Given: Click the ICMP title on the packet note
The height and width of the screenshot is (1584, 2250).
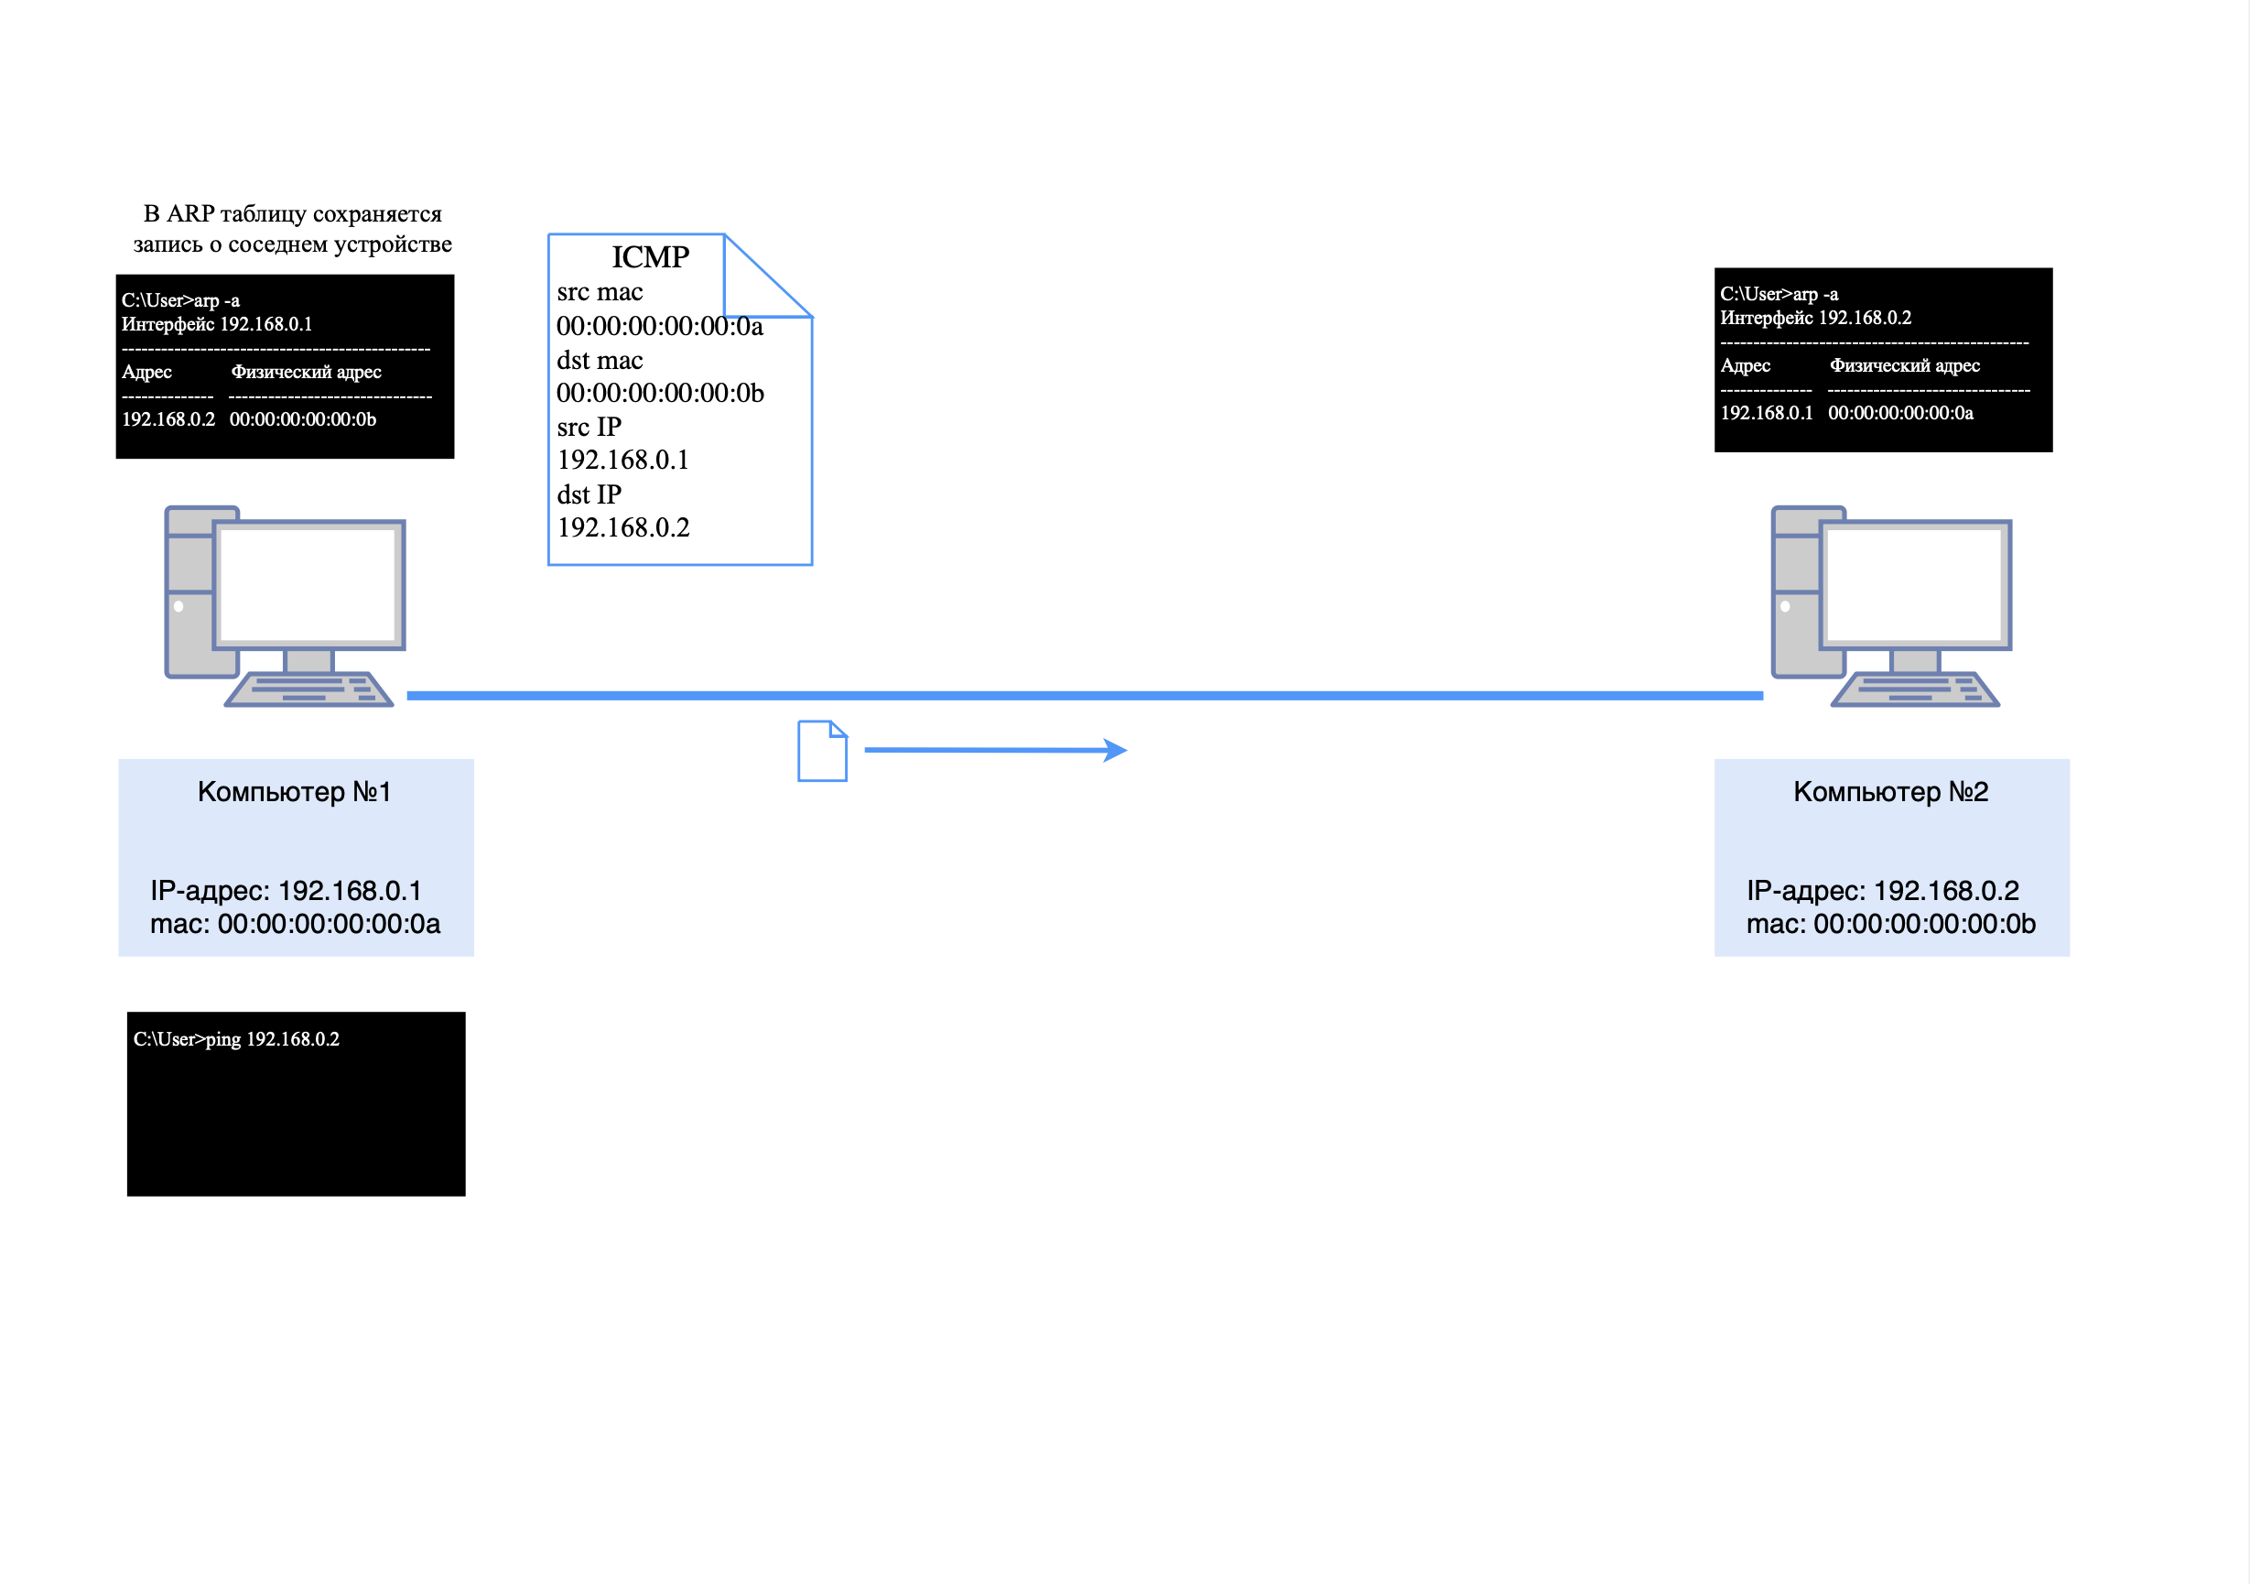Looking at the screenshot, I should (650, 256).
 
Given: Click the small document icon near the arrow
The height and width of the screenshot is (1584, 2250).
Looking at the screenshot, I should (821, 752).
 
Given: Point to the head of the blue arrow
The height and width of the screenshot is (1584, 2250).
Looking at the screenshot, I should (1117, 751).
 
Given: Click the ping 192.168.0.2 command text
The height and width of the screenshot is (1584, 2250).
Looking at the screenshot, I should (236, 1039).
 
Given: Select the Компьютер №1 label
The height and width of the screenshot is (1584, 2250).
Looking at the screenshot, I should (294, 792).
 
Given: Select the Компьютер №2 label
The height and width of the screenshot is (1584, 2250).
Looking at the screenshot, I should (1890, 792).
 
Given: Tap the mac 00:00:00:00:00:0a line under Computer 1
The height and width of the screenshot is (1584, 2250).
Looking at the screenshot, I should (295, 923).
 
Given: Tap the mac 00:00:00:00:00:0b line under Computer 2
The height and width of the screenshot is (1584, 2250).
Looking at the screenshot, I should (1890, 923).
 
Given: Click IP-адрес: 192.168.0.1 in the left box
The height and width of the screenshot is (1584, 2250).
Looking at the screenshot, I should (286, 890).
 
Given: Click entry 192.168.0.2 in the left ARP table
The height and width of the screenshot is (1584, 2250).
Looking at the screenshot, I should (168, 419).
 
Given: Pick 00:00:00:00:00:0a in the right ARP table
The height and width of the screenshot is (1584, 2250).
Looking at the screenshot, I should (1900, 414).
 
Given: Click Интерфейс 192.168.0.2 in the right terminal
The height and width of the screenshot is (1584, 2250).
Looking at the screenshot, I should (1815, 318).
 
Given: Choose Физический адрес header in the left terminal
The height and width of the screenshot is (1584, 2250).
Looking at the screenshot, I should (306, 373).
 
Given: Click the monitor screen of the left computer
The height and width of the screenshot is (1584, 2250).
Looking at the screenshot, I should (308, 584).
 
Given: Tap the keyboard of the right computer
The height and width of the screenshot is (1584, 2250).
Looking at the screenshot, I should (1915, 690).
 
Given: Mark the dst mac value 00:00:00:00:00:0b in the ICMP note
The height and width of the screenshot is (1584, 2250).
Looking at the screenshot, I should (659, 393).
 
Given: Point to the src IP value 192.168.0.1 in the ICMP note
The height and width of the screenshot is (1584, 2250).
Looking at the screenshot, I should (622, 460).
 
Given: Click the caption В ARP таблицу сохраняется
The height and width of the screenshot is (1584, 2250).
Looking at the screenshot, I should (292, 213).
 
